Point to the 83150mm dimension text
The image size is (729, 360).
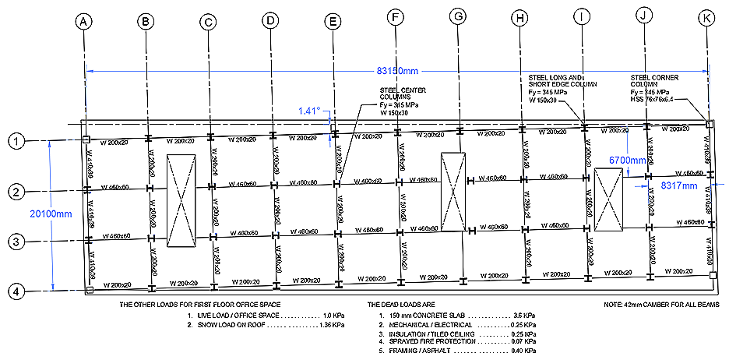tap(398, 70)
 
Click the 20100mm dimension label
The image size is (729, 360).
tap(29, 214)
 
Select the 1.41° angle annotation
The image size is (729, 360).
tap(309, 111)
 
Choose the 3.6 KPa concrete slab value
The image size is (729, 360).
tap(523, 316)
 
